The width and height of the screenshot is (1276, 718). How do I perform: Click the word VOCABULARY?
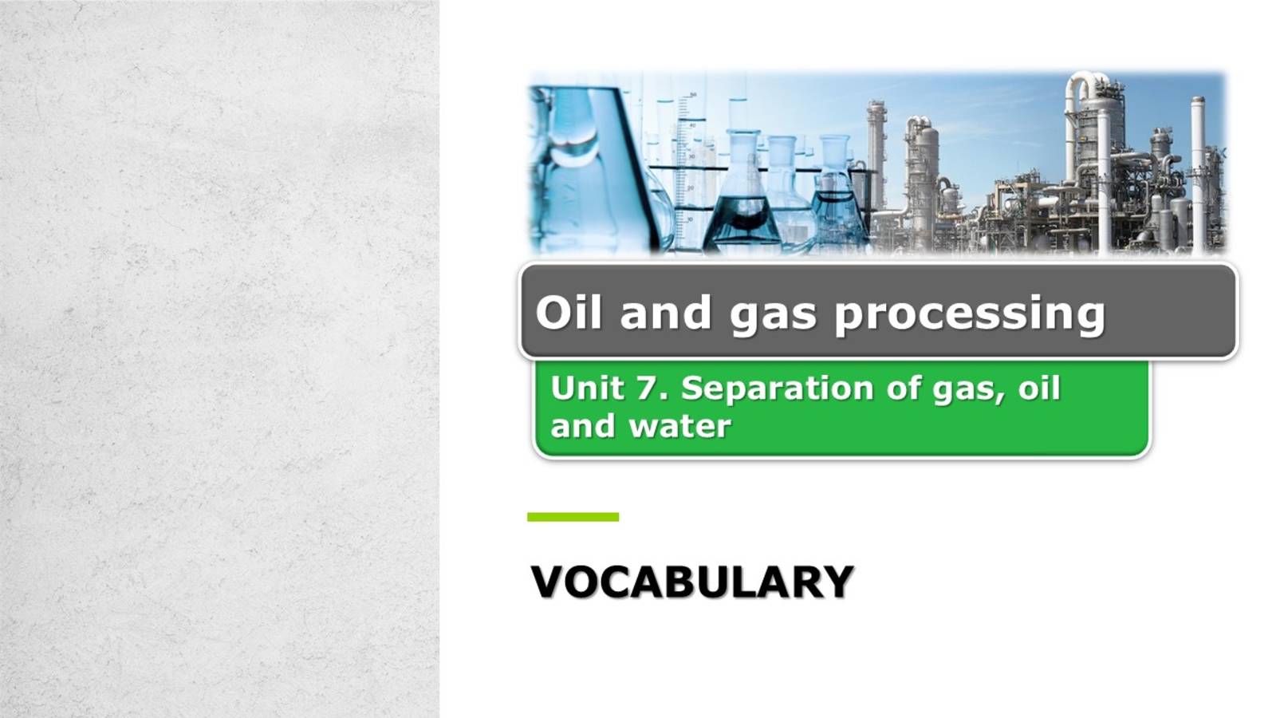click(x=692, y=582)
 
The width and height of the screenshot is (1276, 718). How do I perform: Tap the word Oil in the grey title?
click(x=568, y=312)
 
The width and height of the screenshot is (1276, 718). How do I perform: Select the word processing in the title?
click(x=970, y=314)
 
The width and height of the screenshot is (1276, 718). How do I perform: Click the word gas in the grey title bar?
click(x=773, y=314)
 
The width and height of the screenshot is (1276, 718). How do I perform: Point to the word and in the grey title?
click(x=665, y=312)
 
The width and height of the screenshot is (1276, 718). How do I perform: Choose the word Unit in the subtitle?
click(x=587, y=389)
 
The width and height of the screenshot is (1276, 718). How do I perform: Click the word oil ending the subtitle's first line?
click(x=1039, y=389)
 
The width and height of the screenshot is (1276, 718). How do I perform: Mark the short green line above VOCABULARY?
click(x=573, y=517)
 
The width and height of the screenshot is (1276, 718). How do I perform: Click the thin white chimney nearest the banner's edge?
click(x=1197, y=172)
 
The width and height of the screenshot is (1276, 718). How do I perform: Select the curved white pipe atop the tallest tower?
click(x=1081, y=84)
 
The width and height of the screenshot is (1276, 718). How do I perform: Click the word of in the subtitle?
click(x=897, y=389)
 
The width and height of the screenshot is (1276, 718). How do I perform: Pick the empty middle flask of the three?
click(x=785, y=191)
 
